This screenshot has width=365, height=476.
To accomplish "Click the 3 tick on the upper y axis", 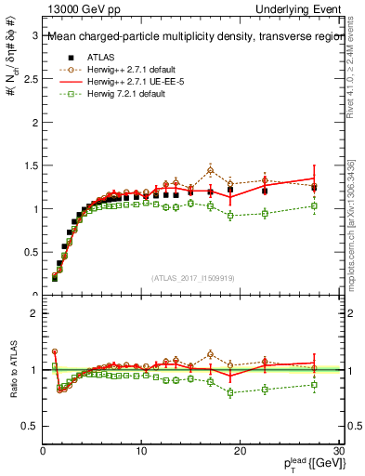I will (34, 36).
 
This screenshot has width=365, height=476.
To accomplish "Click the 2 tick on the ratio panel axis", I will (34, 313).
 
